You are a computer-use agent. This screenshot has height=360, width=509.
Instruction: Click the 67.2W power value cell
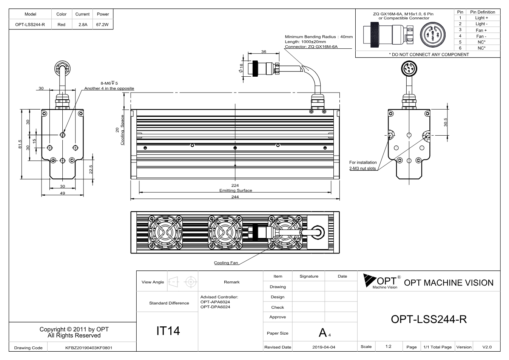(102, 25)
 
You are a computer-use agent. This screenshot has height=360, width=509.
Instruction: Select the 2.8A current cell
(83, 25)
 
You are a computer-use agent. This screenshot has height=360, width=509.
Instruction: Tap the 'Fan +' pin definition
(481, 30)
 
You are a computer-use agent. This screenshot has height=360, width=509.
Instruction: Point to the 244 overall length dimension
(235, 197)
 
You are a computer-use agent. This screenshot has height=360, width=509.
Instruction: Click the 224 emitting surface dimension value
(235, 185)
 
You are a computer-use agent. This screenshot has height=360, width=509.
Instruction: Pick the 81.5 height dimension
(20, 144)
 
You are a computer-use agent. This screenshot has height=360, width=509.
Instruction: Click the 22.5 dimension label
(91, 169)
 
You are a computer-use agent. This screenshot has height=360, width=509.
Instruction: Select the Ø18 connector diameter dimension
(241, 68)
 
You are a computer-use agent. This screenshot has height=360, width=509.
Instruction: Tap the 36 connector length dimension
(264, 52)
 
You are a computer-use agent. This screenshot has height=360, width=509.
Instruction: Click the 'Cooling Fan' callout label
(226, 263)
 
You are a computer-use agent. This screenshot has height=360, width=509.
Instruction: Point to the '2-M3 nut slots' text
(362, 168)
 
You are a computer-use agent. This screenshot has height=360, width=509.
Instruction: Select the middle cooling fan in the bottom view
(225, 232)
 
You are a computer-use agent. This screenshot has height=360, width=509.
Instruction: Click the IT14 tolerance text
(168, 331)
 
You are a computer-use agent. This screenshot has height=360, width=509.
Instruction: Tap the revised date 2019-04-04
(324, 347)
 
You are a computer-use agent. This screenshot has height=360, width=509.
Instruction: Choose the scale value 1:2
(388, 346)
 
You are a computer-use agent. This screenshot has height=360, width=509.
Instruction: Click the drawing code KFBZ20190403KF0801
(89, 348)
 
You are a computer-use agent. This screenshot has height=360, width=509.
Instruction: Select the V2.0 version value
(487, 347)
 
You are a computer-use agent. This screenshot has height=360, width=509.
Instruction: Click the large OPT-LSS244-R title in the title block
(429, 319)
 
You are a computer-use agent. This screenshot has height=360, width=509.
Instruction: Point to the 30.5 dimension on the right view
(446, 122)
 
